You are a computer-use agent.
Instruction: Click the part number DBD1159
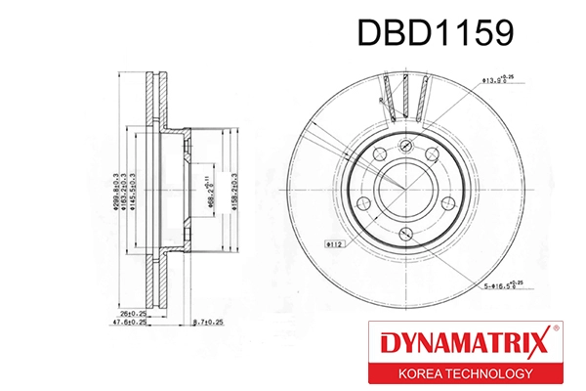click(x=434, y=33)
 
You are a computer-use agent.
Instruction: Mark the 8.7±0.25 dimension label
click(x=210, y=321)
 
